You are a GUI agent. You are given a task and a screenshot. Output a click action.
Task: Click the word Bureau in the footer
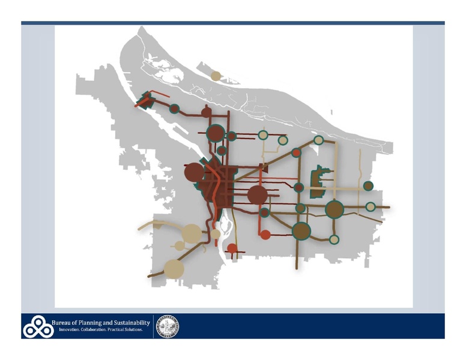point(64,323)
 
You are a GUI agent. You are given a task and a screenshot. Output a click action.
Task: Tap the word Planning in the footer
point(95,323)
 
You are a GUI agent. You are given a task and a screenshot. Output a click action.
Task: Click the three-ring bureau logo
point(37,326)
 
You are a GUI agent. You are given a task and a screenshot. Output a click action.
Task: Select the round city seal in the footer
point(169,326)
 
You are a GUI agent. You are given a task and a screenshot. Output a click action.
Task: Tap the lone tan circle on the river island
point(216,76)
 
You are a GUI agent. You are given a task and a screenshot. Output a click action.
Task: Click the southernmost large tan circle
point(173,268)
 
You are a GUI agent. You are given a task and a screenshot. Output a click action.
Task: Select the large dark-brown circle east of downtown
point(257,194)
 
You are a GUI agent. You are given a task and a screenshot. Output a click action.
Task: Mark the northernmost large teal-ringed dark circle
point(214,133)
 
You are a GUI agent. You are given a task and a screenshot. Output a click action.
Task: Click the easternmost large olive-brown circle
point(334,209)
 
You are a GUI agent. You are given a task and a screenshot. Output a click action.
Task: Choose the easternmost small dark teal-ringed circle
point(368,186)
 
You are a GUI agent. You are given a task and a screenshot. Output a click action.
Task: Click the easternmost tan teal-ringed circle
point(371,207)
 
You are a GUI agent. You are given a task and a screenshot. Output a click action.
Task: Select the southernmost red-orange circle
point(232,249)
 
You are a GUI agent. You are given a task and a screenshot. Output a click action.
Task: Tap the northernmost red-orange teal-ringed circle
point(296,153)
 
